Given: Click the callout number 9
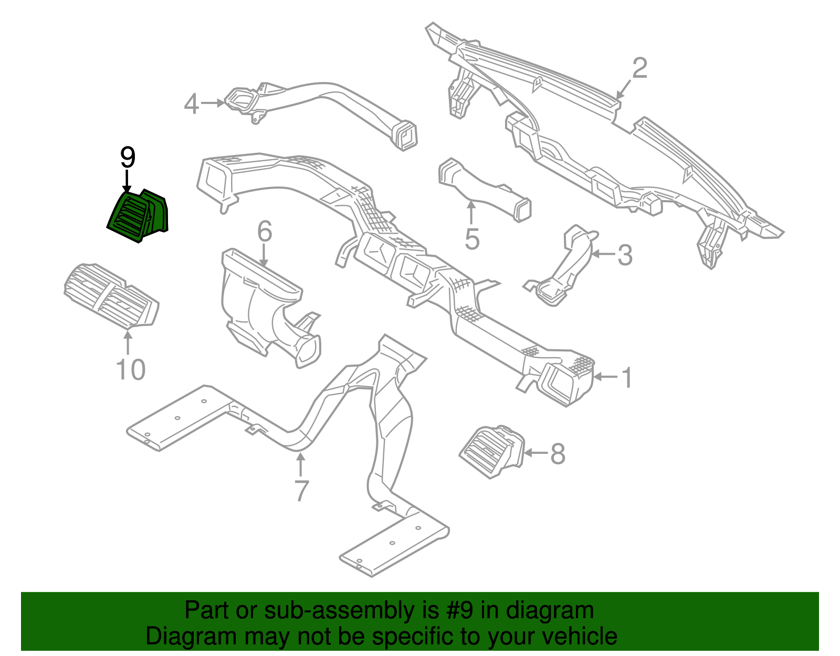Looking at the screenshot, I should click(x=128, y=157).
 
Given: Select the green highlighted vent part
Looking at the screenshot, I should click(x=138, y=216).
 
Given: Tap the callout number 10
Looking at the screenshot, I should click(x=130, y=370).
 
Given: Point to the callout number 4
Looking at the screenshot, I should click(x=192, y=103).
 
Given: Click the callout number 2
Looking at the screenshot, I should click(x=639, y=69).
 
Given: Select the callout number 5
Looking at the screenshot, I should click(x=472, y=239).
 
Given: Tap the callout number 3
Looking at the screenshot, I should click(x=625, y=255).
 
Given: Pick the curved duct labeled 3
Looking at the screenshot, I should click(x=564, y=268).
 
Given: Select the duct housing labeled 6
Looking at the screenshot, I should click(x=262, y=305).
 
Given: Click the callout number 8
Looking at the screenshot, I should click(x=558, y=454).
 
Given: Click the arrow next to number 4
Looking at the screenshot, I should click(x=213, y=103).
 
